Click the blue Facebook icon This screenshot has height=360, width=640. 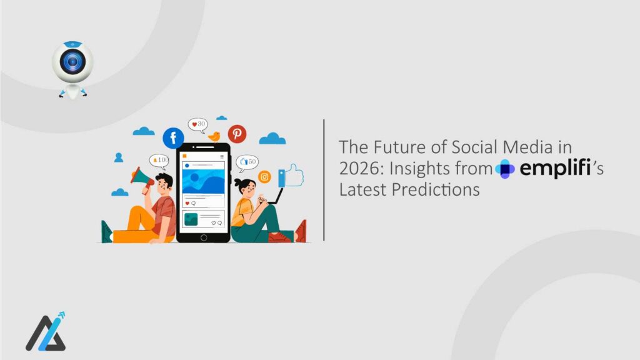coord(173,137)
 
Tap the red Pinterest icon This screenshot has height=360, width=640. coord(237,134)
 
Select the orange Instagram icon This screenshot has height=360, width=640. coord(264,177)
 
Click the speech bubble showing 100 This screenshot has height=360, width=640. coord(159,161)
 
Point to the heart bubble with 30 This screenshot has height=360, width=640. coord(198,124)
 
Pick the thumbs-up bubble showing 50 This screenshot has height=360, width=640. coord(247,162)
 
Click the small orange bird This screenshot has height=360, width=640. coord(215,136)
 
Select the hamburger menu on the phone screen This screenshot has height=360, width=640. coord(221,156)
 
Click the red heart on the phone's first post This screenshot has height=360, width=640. coord(187,203)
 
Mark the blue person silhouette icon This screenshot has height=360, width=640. coord(119,157)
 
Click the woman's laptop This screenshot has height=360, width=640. coord(276,198)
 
